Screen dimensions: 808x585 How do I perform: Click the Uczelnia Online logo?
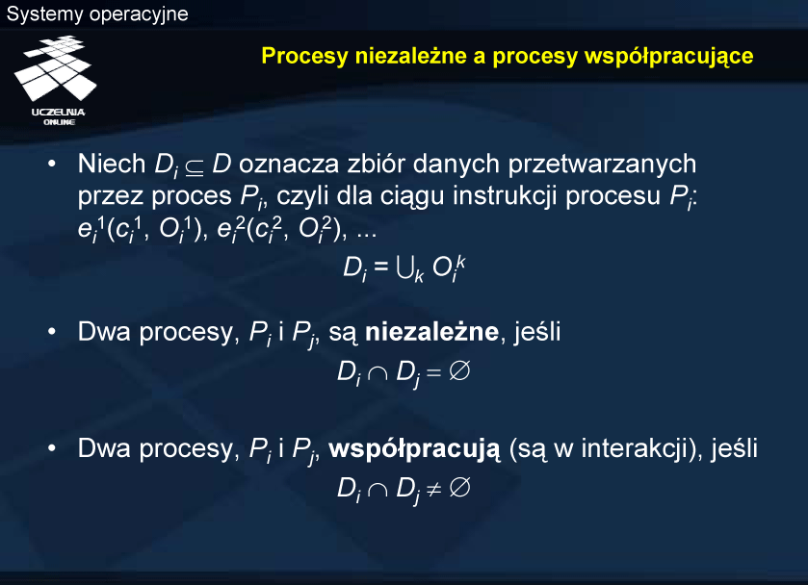click(x=56, y=80)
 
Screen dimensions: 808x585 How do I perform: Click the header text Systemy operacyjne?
click(x=97, y=13)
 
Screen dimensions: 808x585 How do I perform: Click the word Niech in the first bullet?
click(x=112, y=164)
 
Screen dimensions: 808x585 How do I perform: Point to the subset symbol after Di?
click(x=195, y=166)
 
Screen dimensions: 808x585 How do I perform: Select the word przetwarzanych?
click(x=602, y=165)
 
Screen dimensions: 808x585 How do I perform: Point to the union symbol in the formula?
click(x=405, y=268)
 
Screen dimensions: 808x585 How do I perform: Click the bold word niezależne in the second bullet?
click(x=431, y=332)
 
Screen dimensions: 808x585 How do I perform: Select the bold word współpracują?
click(x=414, y=449)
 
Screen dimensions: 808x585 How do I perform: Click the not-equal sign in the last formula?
click(x=434, y=488)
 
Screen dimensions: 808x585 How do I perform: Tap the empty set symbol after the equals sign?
click(x=459, y=370)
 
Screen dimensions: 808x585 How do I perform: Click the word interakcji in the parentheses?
click(x=635, y=449)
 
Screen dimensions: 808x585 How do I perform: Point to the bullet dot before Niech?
click(x=52, y=164)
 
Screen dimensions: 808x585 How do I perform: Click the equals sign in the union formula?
click(x=380, y=266)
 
